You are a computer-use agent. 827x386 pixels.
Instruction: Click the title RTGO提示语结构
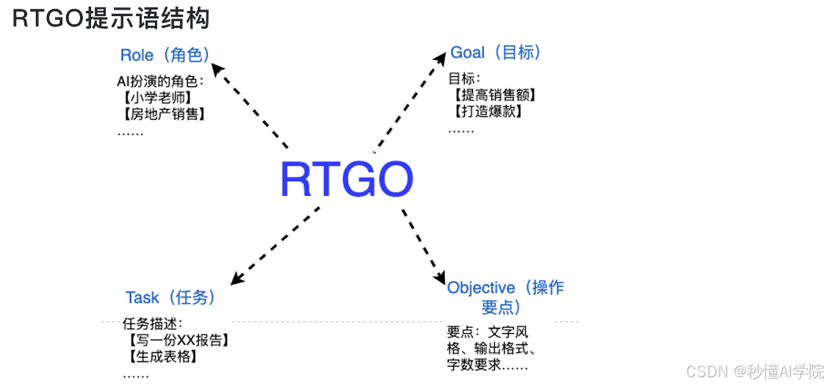pos(110,19)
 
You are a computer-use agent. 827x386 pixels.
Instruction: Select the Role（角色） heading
pos(165,55)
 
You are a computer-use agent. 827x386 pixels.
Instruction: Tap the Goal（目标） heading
pos(496,53)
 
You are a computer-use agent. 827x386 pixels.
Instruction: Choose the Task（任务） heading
pos(170,297)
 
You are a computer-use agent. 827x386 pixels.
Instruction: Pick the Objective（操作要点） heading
pos(505,296)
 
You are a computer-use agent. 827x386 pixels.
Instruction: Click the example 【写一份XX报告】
pos(177,341)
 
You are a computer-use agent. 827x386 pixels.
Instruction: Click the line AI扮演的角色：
pos(159,80)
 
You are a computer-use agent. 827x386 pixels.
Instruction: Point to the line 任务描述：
pos(152,324)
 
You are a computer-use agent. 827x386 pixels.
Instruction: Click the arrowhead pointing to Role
pos(217,70)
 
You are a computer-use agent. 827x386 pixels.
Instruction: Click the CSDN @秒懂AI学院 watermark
pos(754,372)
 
